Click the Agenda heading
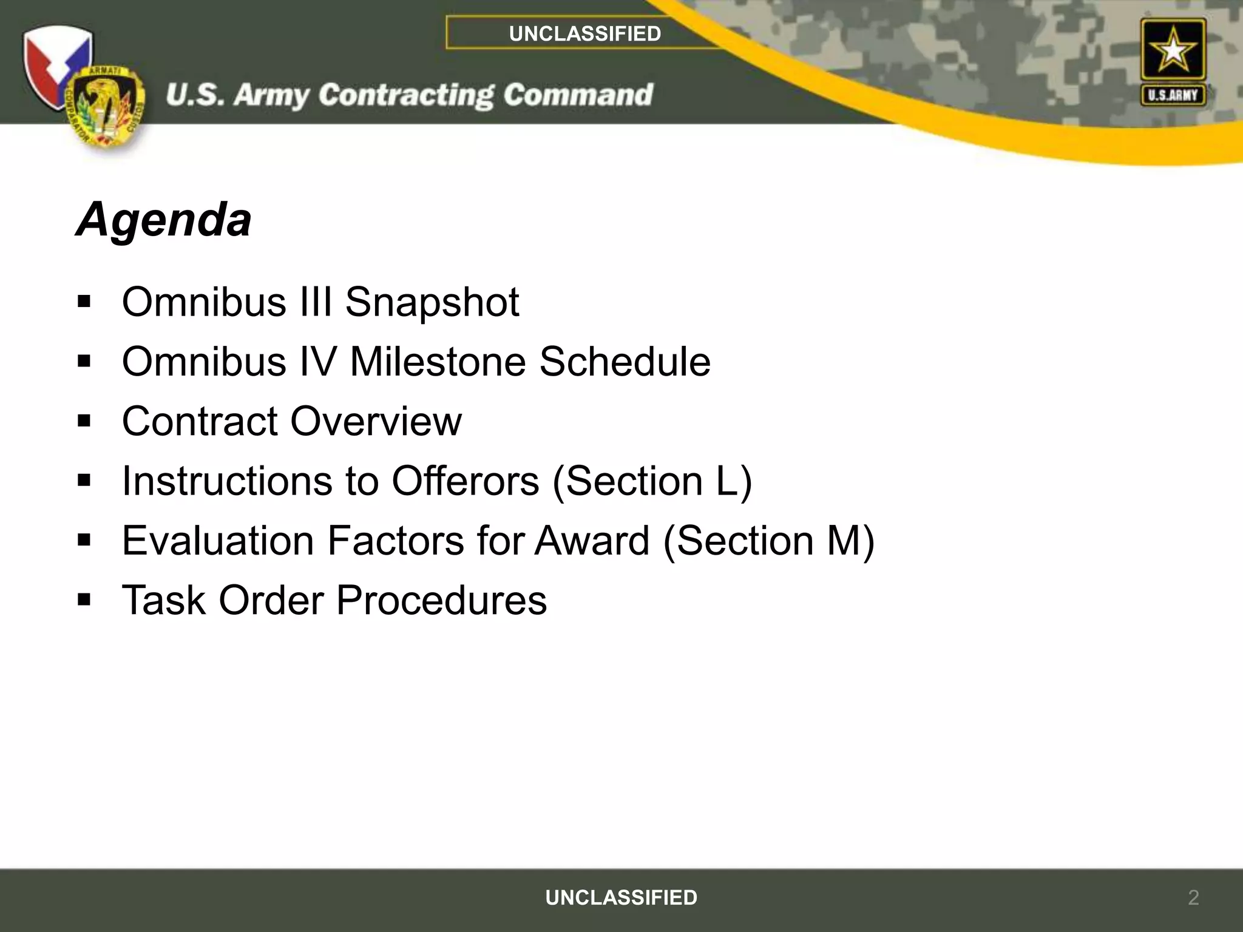[x=164, y=220]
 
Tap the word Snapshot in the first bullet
[x=432, y=302]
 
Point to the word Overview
[x=376, y=421]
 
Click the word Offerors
[x=465, y=481]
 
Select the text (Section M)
[x=769, y=540]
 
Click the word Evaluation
[x=217, y=540]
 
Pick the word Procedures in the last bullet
[x=441, y=600]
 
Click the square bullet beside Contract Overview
[x=84, y=421]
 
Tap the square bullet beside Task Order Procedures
[x=84, y=600]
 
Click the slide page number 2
[x=1193, y=897]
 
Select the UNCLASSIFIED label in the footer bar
[x=621, y=897]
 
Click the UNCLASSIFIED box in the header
[x=584, y=33]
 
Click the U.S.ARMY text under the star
[x=1173, y=95]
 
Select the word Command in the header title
[x=578, y=95]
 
